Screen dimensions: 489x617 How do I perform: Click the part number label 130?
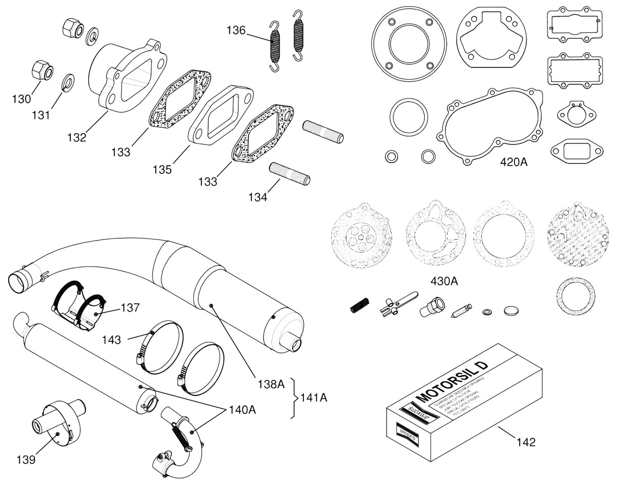coord(22,99)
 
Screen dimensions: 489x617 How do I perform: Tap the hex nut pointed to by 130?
coord(40,70)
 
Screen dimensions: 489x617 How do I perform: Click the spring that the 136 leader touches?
coord(276,46)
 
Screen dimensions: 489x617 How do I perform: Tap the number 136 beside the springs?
coord(236,30)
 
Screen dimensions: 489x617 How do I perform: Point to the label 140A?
coord(243,410)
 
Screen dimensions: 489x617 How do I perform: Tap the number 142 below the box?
coord(525,442)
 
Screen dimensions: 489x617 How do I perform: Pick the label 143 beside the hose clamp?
coord(112,339)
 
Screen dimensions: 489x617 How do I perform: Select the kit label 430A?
coord(444,282)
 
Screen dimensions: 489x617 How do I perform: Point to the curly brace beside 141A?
coord(295,397)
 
